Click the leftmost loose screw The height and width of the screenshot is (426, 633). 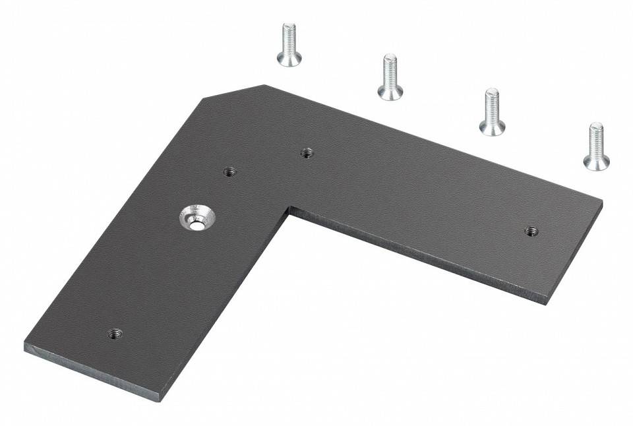pyautogui.click(x=289, y=45)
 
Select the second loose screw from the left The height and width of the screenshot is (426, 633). pyautogui.click(x=390, y=77)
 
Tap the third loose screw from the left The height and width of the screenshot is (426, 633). pyautogui.click(x=492, y=112)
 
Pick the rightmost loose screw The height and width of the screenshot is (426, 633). pyautogui.click(x=596, y=146)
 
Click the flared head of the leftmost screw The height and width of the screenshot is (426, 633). pyautogui.click(x=289, y=59)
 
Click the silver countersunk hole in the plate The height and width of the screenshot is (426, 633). pyautogui.click(x=196, y=218)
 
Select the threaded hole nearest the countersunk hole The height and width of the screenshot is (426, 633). pyautogui.click(x=229, y=172)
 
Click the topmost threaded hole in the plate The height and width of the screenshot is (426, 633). pyautogui.click(x=307, y=153)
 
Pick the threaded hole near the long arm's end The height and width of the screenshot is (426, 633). pyautogui.click(x=531, y=231)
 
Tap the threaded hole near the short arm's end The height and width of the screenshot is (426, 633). pyautogui.click(x=115, y=333)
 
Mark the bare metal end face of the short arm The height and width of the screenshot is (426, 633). pyautogui.click(x=92, y=373)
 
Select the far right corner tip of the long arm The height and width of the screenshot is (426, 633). pyautogui.click(x=601, y=202)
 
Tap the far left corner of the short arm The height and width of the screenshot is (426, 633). pyautogui.click(x=26, y=344)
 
